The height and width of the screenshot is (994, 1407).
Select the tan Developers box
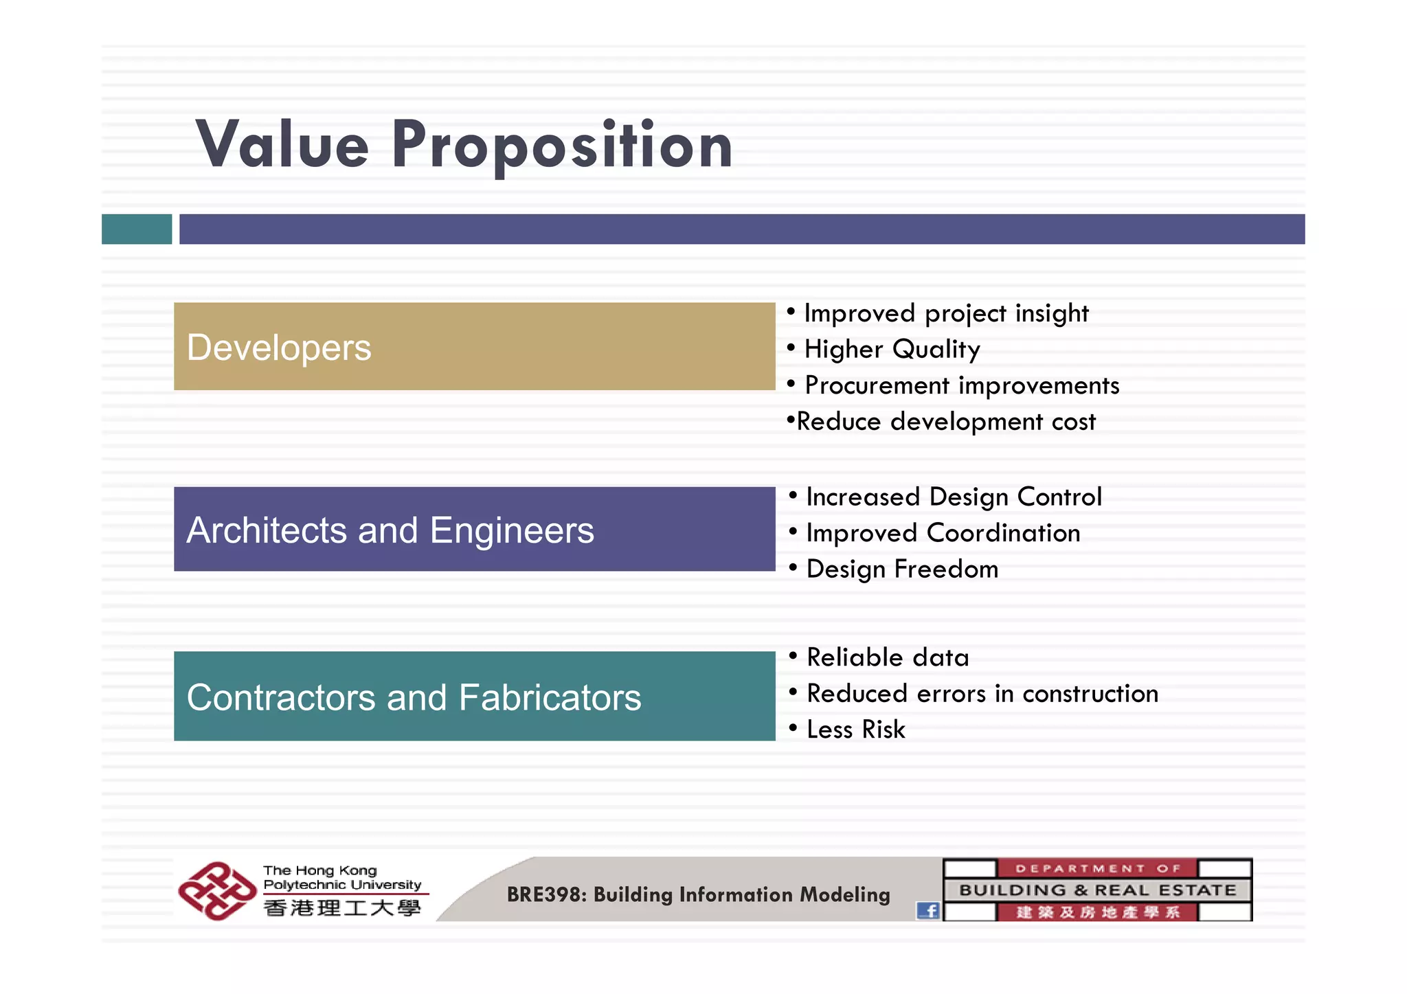point(474,346)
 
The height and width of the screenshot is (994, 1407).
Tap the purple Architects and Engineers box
point(474,529)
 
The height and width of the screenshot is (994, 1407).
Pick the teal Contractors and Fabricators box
point(474,696)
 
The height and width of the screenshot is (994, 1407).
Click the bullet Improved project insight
point(945,313)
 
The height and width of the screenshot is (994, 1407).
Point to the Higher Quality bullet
point(892,350)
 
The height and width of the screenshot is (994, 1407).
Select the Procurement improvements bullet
point(961,385)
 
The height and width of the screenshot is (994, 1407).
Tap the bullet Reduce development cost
point(945,422)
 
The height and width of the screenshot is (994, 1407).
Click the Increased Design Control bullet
point(953,497)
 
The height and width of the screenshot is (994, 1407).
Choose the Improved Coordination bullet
point(943,533)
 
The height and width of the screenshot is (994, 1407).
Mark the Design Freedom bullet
point(901,569)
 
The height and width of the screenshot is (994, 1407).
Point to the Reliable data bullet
point(887,657)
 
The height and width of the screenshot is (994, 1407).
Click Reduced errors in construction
point(982,694)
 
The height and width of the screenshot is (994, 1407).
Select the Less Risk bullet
point(855,730)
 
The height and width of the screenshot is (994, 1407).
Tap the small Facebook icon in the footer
point(928,911)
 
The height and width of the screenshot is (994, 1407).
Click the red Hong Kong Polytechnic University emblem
point(216,891)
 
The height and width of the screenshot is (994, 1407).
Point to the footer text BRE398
point(546,894)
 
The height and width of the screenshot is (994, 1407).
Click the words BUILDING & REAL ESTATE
point(1097,890)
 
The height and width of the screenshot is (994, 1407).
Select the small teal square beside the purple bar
point(137,229)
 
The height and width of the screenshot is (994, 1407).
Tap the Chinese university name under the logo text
point(342,908)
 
